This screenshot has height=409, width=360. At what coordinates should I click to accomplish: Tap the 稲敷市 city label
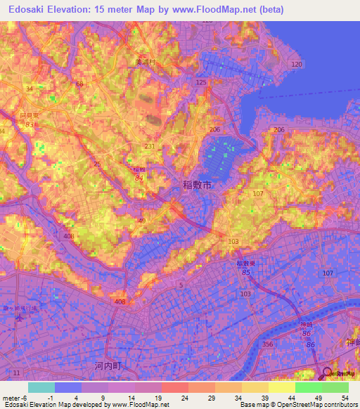point(198,186)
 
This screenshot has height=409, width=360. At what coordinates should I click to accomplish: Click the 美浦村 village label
point(148,62)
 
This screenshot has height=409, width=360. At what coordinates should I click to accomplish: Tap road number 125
point(202,82)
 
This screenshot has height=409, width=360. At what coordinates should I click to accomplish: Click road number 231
point(150,145)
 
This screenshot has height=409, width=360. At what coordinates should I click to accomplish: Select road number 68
point(79,84)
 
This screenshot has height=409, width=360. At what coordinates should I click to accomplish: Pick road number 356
point(266,344)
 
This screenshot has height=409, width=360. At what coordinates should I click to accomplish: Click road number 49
point(141,221)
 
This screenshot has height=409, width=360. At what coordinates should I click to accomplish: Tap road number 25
point(96,164)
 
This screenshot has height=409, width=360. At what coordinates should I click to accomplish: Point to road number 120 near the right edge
point(297,64)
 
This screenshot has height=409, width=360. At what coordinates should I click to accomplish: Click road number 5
point(181,284)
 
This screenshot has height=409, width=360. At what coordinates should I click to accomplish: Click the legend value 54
point(344,398)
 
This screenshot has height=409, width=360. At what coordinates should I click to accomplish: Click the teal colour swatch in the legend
point(41,387)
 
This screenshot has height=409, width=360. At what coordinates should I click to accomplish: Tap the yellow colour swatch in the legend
point(282,387)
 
